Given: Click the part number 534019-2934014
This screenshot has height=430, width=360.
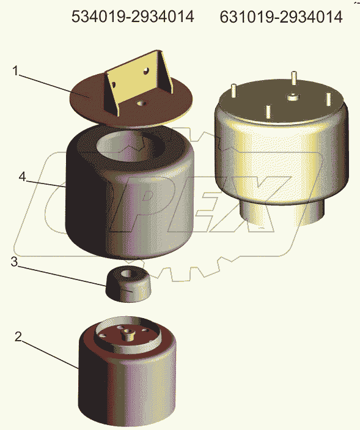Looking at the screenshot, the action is (133, 17).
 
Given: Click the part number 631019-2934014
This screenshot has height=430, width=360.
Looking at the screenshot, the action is (281, 17).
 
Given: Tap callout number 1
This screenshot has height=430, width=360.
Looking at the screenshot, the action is (16, 71).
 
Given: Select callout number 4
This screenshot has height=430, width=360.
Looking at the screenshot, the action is (23, 177).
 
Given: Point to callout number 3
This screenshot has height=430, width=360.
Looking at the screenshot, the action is (14, 262).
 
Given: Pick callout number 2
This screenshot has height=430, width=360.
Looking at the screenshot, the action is (18, 337).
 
